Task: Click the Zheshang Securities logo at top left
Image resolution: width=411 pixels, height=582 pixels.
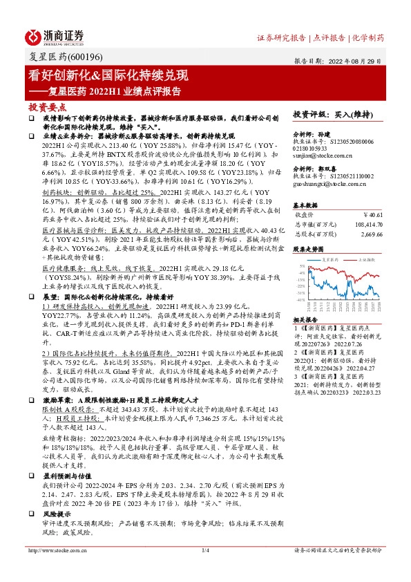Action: click(x=54, y=37)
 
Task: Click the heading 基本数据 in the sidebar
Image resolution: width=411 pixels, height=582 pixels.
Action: click(x=307, y=205)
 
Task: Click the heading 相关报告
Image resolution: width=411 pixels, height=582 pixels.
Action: click(x=307, y=321)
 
